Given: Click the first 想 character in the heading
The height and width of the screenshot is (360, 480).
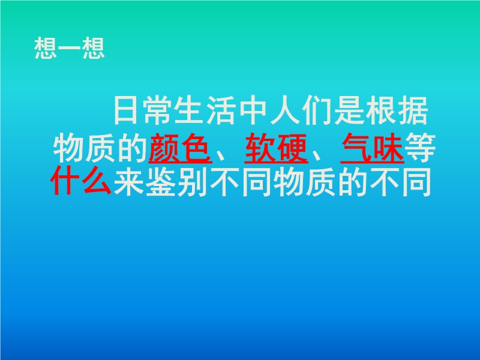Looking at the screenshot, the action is [x=46, y=48].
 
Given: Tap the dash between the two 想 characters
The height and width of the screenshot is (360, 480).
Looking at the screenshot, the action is [x=70, y=48].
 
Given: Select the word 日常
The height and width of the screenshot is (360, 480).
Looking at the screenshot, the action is [x=144, y=110].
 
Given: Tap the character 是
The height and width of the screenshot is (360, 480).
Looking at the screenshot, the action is [x=350, y=110].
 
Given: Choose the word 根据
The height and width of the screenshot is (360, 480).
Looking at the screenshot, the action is [x=397, y=110].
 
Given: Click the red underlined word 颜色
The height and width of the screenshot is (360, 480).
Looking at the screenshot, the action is [x=181, y=148].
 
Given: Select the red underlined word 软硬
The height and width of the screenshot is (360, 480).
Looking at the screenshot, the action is [x=276, y=148].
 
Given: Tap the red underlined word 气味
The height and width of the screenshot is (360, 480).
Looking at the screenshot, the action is [x=372, y=148].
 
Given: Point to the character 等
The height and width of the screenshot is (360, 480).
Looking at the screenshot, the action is [x=420, y=148].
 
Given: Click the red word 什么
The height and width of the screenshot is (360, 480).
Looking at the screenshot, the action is [x=81, y=181].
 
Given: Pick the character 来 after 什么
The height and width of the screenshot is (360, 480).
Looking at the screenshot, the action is [x=128, y=182].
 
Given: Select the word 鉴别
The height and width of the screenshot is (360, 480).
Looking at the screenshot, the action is [x=176, y=182].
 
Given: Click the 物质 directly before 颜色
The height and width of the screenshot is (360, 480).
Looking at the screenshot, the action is [x=85, y=148].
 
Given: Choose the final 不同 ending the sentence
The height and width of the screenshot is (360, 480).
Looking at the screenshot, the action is [x=400, y=182].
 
